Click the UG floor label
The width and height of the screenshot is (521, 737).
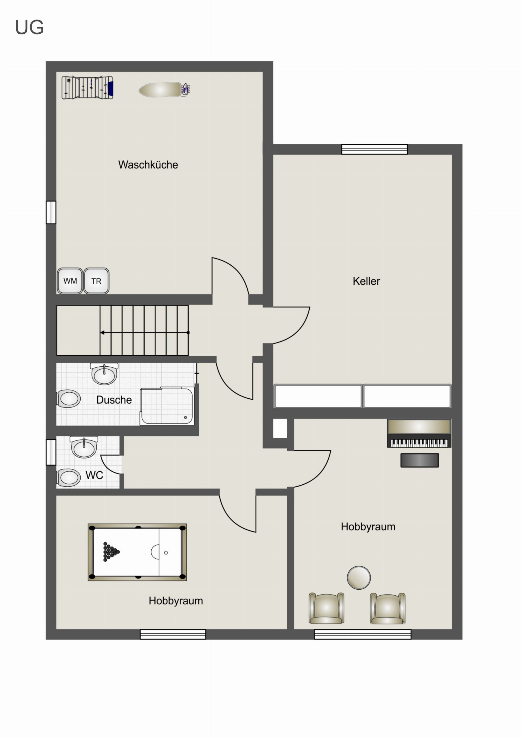(x=29, y=27)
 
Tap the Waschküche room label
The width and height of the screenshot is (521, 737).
(x=148, y=165)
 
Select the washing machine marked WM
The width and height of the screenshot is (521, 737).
(x=70, y=281)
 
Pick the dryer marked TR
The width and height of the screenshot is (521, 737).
(x=96, y=281)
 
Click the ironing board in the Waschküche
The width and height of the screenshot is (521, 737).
(x=164, y=90)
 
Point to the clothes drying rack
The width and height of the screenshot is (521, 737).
(x=87, y=88)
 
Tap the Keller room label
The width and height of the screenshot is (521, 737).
(x=366, y=281)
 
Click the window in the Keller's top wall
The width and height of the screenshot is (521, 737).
(x=374, y=149)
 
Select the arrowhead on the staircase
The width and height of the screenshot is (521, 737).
(x=102, y=333)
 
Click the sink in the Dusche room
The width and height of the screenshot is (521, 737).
(x=104, y=373)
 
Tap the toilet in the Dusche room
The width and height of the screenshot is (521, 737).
(x=68, y=399)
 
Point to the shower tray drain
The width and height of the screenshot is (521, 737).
(x=185, y=418)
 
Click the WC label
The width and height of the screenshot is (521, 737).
(x=94, y=475)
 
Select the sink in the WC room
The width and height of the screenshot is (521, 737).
(x=84, y=447)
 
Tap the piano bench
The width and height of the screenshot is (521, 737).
(x=420, y=460)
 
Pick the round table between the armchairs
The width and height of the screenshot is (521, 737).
(x=359, y=578)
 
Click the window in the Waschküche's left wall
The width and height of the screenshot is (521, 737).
(x=51, y=212)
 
